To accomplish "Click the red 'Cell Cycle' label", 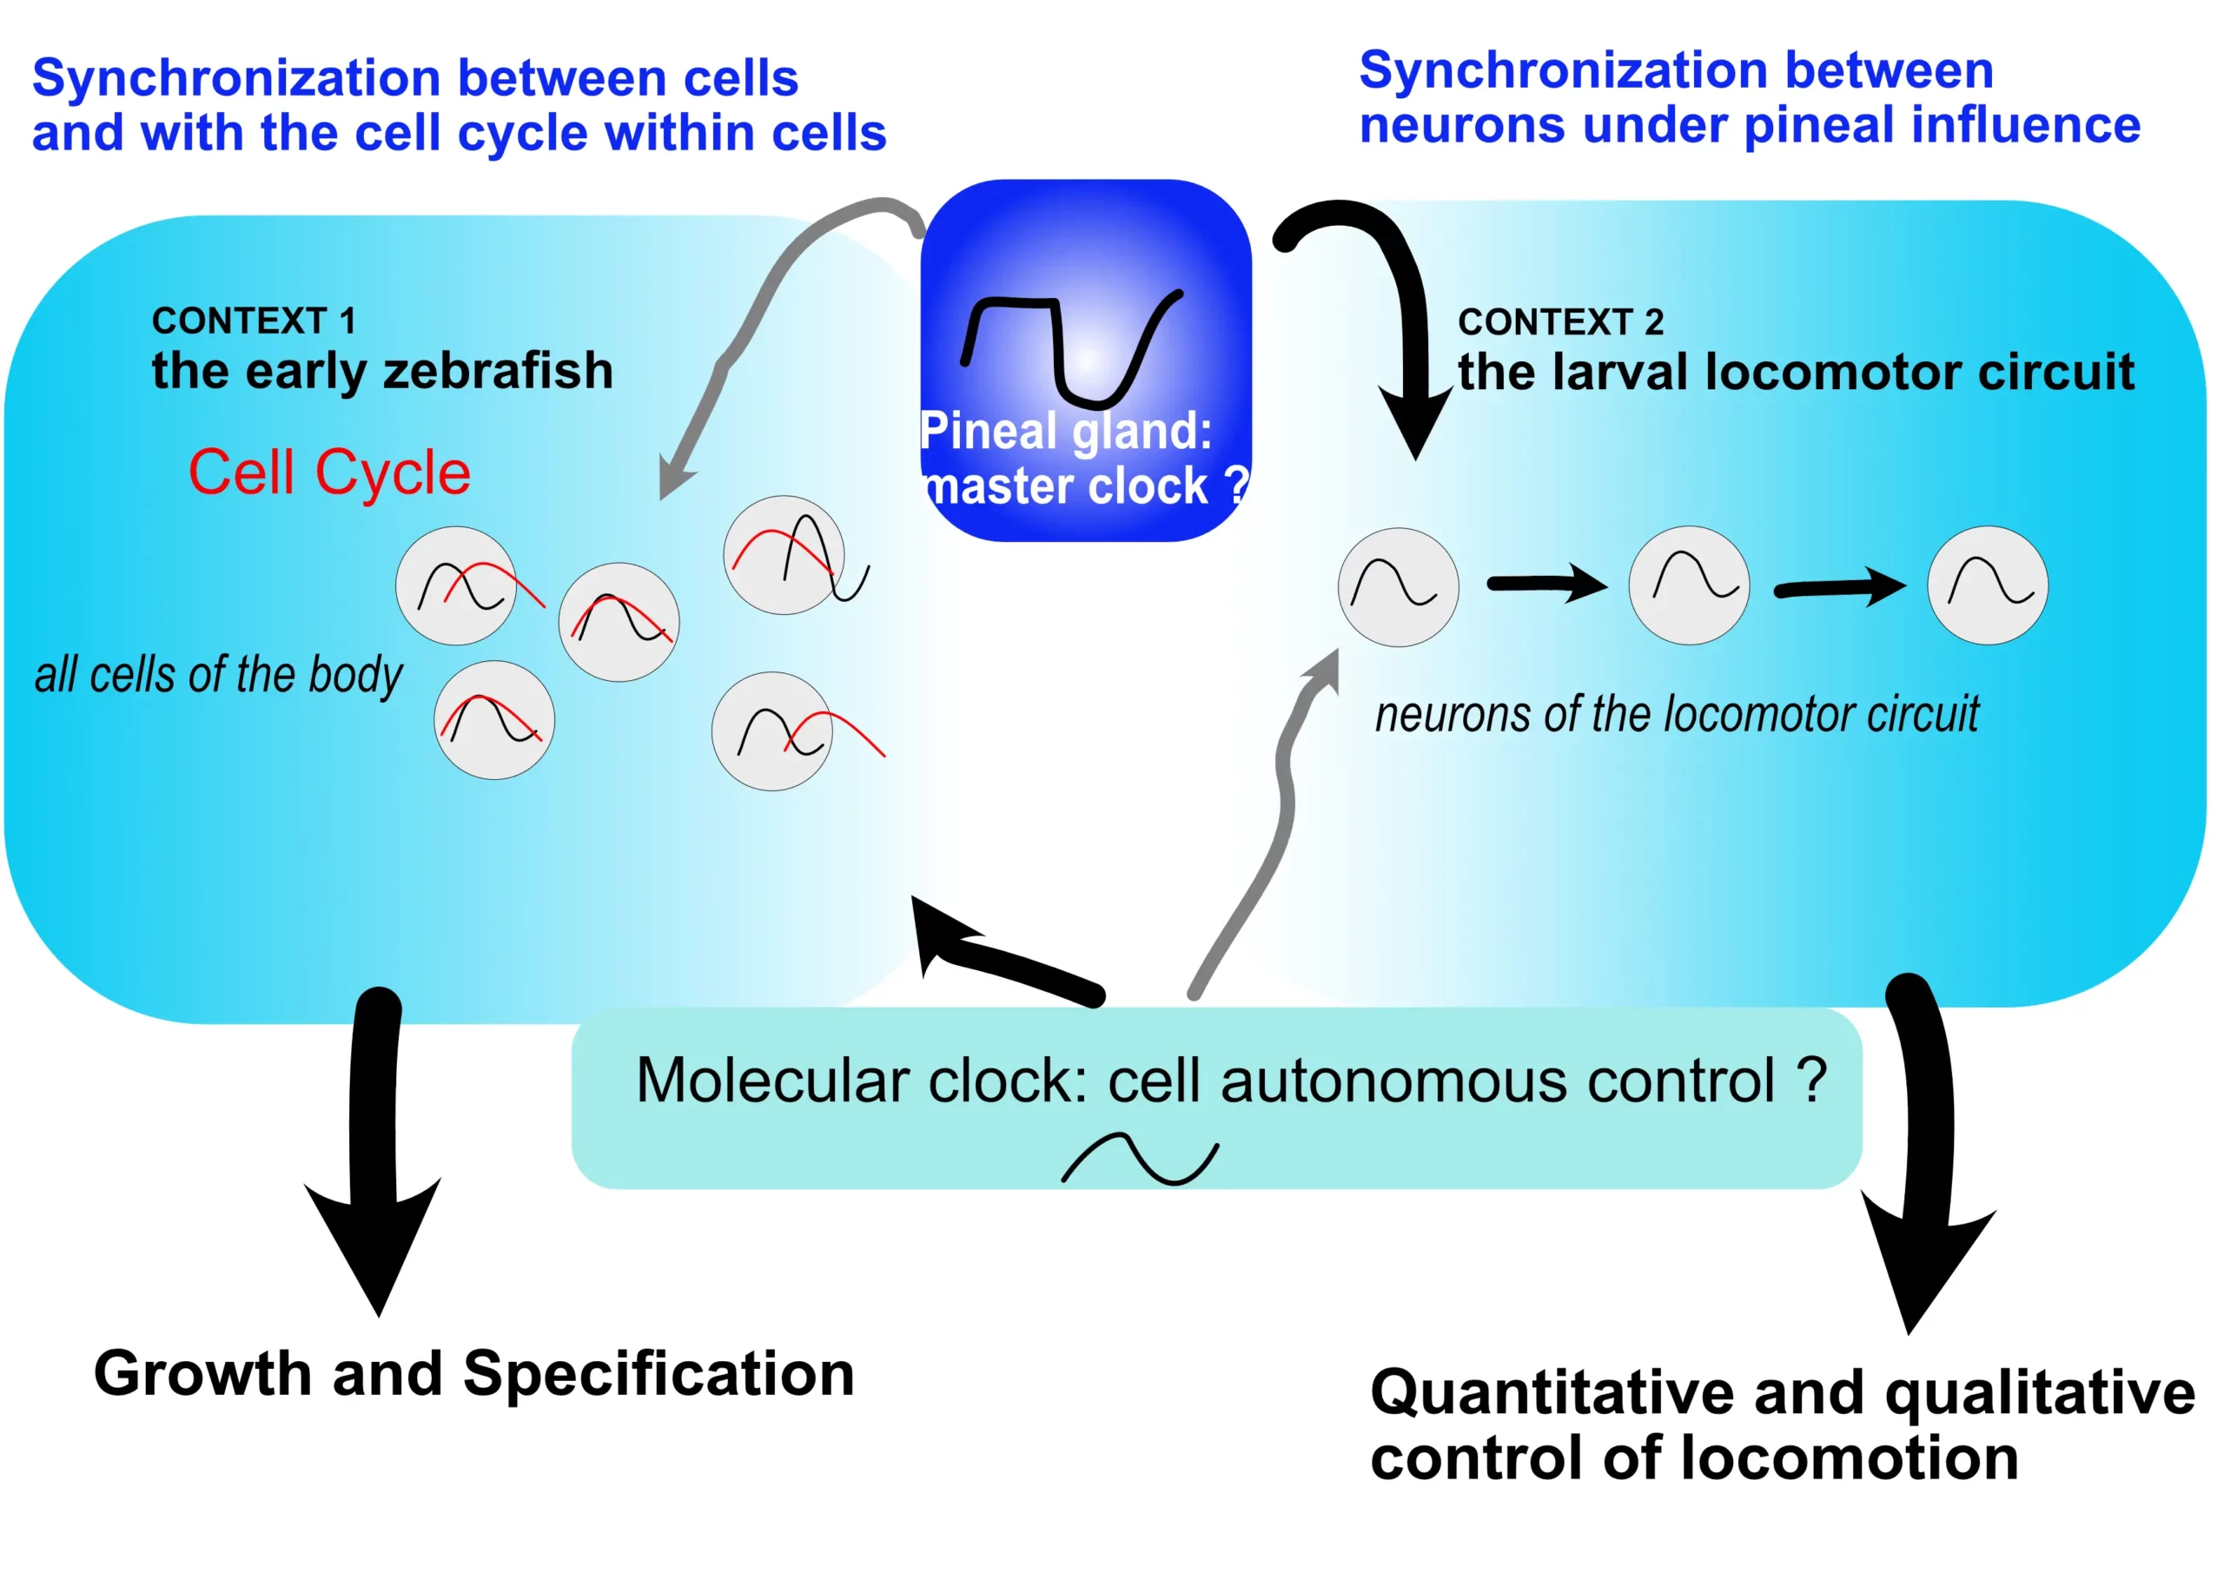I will point(329,473).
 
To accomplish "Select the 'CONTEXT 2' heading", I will point(1560,321).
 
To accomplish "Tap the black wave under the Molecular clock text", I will point(1140,1159).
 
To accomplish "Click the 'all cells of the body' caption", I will point(218,675).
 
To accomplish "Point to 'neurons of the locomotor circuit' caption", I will point(1677,715).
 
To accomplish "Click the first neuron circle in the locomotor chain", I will point(1398,587).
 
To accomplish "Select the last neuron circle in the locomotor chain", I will point(1987,585).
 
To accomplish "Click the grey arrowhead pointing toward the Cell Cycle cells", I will point(672,477).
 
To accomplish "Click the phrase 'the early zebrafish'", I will point(382,371).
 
